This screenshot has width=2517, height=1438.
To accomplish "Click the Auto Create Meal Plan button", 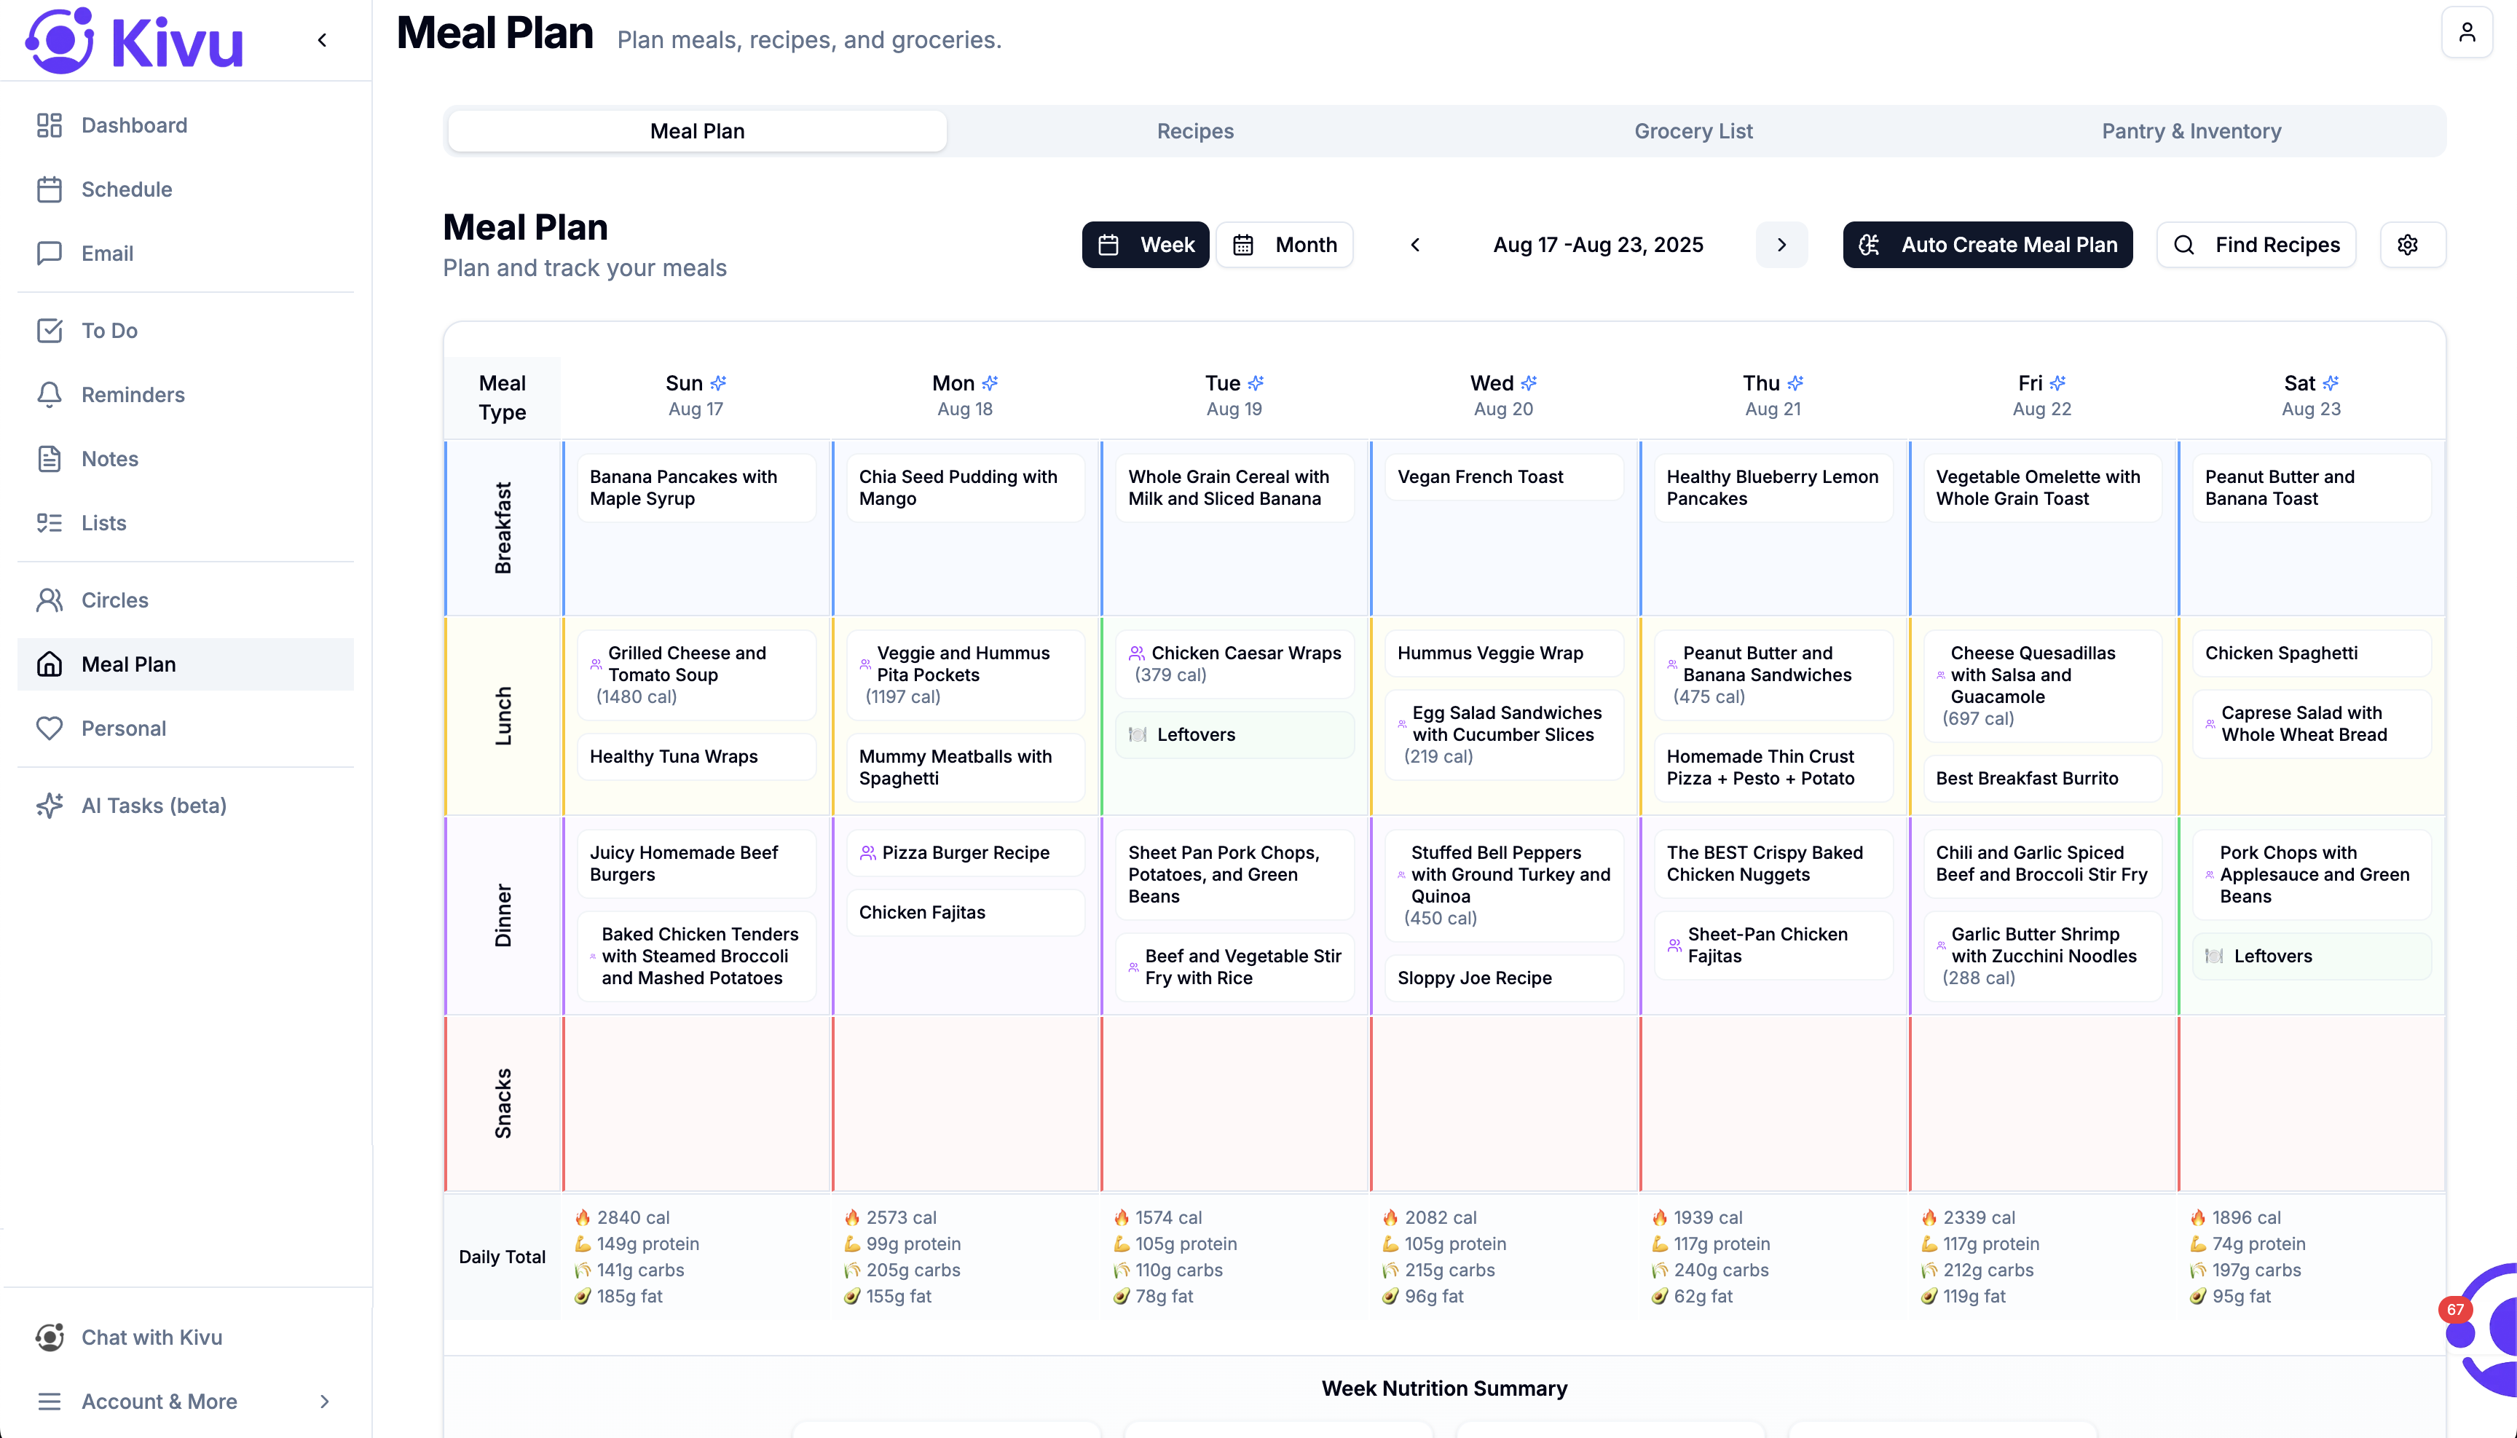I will (1987, 245).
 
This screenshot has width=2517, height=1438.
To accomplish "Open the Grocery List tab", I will (1693, 131).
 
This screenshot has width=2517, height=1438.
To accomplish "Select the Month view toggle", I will (1285, 245).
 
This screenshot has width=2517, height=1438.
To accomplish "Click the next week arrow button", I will (1781, 245).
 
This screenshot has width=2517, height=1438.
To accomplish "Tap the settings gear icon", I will (2408, 245).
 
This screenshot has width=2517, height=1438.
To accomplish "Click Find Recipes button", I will (2256, 245).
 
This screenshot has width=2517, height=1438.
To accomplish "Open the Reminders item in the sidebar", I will (133, 395).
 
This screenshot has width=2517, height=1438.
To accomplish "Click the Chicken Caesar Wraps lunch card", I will (1234, 664).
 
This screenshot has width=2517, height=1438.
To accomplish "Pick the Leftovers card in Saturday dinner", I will (2311, 956).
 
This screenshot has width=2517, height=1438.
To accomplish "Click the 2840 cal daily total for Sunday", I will (632, 1218).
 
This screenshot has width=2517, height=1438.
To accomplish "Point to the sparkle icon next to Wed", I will (1529, 383).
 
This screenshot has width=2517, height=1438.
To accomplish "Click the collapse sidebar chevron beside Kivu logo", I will (322, 41).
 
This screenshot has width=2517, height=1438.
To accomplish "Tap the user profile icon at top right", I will (2465, 33).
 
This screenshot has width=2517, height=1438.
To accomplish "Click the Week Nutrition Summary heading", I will (1443, 1388).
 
